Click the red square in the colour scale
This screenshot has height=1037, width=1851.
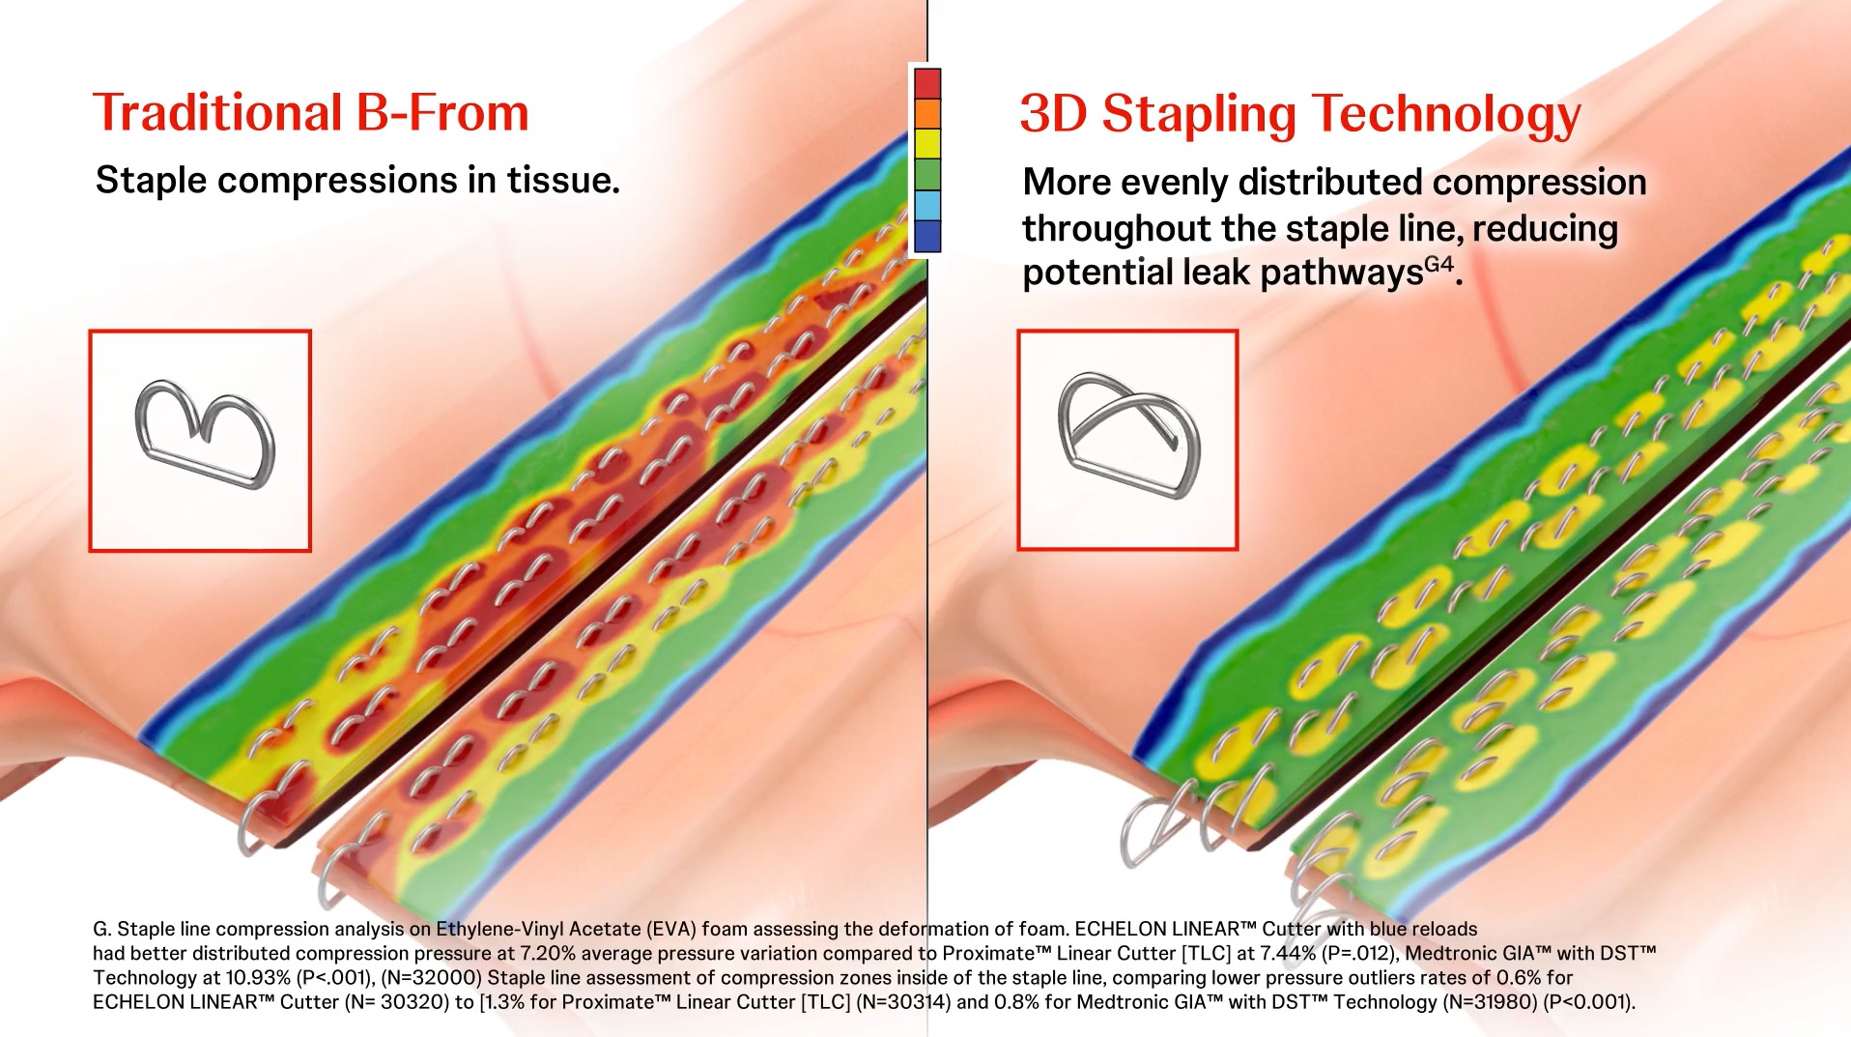coord(927,83)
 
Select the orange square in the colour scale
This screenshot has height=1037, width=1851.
coord(927,113)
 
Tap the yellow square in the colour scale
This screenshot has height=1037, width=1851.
coord(927,144)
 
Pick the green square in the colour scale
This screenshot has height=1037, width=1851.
coord(927,175)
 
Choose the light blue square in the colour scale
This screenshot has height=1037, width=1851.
coord(927,205)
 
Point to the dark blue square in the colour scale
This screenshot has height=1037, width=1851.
coord(927,236)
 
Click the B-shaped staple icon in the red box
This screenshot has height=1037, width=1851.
coord(206,433)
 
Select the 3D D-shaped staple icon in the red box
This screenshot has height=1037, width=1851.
coord(1128,435)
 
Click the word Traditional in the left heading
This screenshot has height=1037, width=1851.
coord(217,113)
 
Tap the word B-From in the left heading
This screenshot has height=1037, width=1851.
coord(442,113)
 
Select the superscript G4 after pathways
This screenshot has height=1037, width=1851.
coord(1439,264)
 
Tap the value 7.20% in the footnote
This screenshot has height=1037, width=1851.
coord(547,953)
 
